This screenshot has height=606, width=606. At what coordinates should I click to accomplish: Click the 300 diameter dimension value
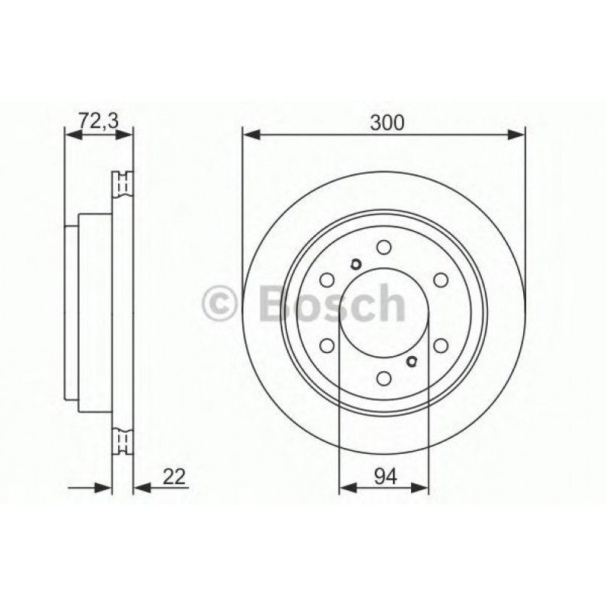pos(387,122)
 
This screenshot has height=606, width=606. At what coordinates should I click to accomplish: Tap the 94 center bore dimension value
pos(385,476)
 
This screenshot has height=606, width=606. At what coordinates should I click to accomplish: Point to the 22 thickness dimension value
pos(172,476)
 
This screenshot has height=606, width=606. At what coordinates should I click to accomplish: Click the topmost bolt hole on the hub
pos(384,247)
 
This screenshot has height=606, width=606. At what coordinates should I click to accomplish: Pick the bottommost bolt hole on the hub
pos(384,379)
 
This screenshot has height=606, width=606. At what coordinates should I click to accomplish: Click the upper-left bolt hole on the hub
pos(327,280)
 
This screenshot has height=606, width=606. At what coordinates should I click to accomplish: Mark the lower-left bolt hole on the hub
pos(327,346)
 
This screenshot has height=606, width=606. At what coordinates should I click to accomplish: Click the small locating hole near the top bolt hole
pos(356,263)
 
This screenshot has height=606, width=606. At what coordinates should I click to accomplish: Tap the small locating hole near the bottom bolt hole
pos(411,362)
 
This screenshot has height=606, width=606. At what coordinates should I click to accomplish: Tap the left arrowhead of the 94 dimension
pos(346,489)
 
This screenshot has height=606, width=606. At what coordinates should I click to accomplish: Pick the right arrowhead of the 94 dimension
pos(422,489)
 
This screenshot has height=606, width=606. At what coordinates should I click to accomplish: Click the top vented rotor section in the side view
pos(122,184)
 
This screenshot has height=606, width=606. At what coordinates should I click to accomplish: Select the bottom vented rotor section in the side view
pos(122,440)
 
